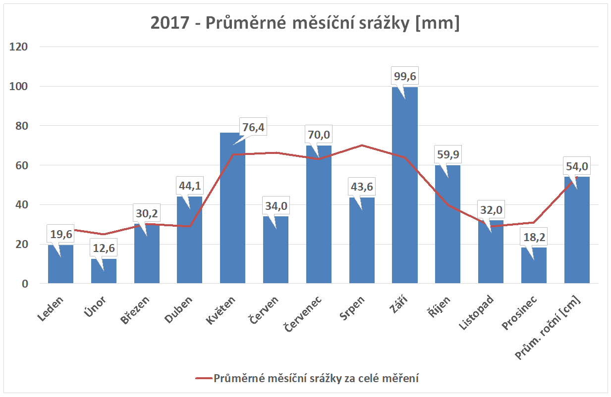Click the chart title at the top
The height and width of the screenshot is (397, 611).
point(305,23)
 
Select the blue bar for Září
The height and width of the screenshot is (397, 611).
point(404,188)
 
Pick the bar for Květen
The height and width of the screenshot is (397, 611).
point(232,213)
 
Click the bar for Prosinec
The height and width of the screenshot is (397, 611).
point(534,267)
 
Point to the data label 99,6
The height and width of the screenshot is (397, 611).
point(404,76)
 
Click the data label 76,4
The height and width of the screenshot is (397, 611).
point(253,128)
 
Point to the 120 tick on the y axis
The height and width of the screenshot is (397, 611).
point(23,47)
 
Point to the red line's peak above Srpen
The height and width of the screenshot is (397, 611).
point(362,145)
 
